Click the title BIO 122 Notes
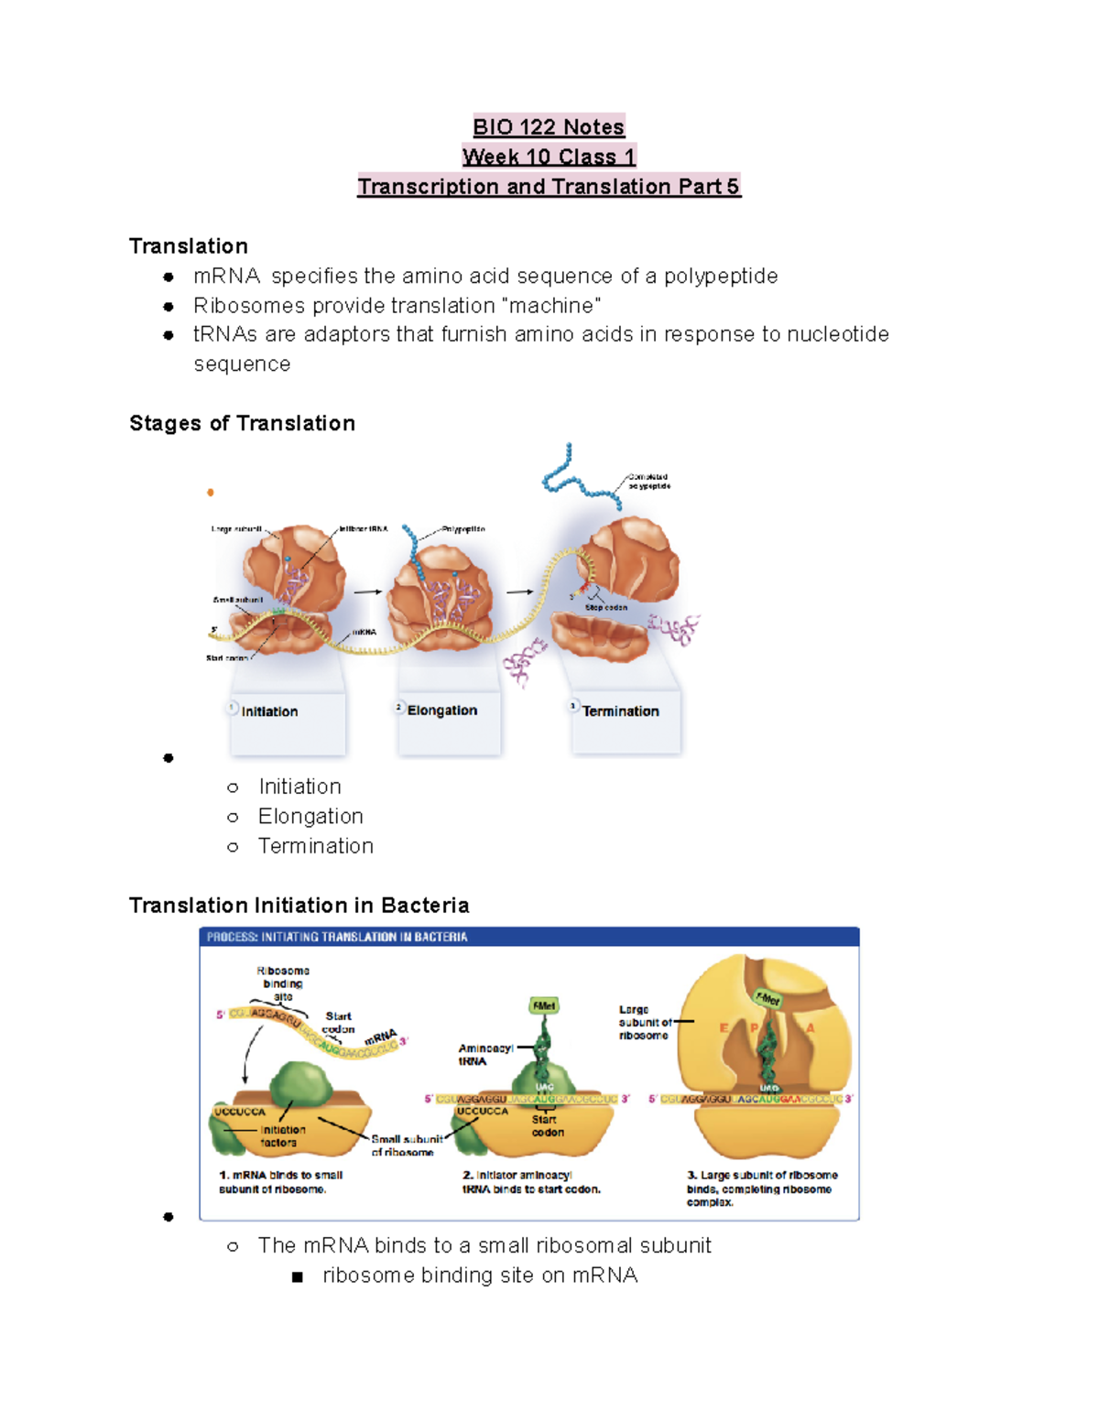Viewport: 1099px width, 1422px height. (x=549, y=126)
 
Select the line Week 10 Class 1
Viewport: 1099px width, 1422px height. (x=549, y=157)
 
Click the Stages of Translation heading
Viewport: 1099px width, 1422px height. (x=242, y=423)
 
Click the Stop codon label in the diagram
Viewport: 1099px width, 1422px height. (x=606, y=607)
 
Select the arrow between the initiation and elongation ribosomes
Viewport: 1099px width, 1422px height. (x=367, y=592)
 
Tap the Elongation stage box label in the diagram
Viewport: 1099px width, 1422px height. (x=442, y=711)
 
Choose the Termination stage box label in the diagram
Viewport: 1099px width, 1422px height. (x=620, y=711)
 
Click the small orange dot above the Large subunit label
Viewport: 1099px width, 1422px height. (x=211, y=493)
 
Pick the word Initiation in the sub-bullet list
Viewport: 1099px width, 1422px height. (x=299, y=787)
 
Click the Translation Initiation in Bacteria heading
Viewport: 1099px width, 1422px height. (x=299, y=906)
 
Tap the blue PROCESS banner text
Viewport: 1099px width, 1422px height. (x=337, y=937)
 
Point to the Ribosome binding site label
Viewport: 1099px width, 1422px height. (x=283, y=983)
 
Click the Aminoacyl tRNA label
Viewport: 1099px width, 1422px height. (x=484, y=1055)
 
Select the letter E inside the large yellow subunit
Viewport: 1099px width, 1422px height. (x=724, y=1028)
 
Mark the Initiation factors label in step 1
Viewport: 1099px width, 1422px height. (x=282, y=1136)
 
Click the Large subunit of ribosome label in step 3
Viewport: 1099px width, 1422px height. (x=644, y=1023)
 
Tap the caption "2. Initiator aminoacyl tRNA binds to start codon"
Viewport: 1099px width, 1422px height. (x=531, y=1182)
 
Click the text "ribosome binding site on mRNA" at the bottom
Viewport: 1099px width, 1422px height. (x=480, y=1275)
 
